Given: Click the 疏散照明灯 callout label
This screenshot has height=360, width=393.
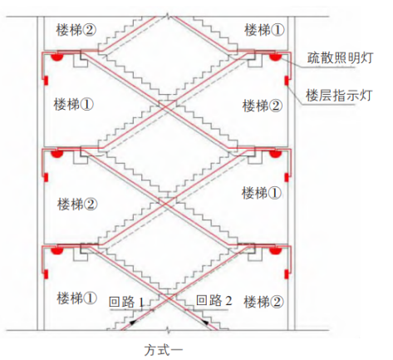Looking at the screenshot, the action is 340,58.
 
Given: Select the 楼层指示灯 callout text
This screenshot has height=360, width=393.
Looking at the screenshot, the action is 338,96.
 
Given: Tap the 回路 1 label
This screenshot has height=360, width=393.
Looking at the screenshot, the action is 126,302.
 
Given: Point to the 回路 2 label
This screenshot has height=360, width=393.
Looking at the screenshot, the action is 214,300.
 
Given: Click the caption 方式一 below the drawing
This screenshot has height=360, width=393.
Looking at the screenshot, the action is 164,350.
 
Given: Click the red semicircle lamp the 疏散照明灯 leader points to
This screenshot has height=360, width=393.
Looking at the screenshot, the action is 275,57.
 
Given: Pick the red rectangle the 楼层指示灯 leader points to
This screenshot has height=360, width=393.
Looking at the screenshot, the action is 287,81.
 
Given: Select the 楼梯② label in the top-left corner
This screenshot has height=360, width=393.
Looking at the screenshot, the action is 76,30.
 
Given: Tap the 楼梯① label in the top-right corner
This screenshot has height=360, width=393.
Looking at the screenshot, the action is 264,30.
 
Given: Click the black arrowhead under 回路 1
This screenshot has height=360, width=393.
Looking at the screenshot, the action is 133,323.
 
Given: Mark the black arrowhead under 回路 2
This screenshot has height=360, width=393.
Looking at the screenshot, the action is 205,322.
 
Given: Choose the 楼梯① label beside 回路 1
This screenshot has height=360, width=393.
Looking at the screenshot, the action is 76,298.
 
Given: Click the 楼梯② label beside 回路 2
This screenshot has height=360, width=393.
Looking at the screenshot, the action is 263,302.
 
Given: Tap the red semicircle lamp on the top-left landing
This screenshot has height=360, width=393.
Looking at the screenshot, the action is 57,57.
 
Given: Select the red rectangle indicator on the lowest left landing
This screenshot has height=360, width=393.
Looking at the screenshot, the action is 46,274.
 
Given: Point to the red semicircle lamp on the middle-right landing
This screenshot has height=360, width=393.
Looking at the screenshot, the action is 275,154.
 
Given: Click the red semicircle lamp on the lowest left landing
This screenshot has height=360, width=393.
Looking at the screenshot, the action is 57,251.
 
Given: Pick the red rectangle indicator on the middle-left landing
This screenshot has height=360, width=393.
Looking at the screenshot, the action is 46,177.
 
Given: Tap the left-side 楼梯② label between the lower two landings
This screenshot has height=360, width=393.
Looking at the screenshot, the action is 77,204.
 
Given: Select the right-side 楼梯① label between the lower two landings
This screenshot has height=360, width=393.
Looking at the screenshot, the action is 262,193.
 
